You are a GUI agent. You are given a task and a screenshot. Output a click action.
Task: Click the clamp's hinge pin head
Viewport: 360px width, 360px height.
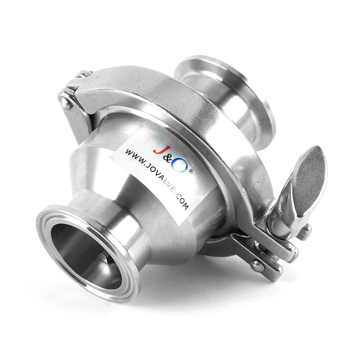[66, 104]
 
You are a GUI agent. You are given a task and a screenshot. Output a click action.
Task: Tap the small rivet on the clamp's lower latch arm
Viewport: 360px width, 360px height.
[258, 265]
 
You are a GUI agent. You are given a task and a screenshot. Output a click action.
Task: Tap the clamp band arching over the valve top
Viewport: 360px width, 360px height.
[148, 90]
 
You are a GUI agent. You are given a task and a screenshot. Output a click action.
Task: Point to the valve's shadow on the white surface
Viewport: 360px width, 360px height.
[202, 288]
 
